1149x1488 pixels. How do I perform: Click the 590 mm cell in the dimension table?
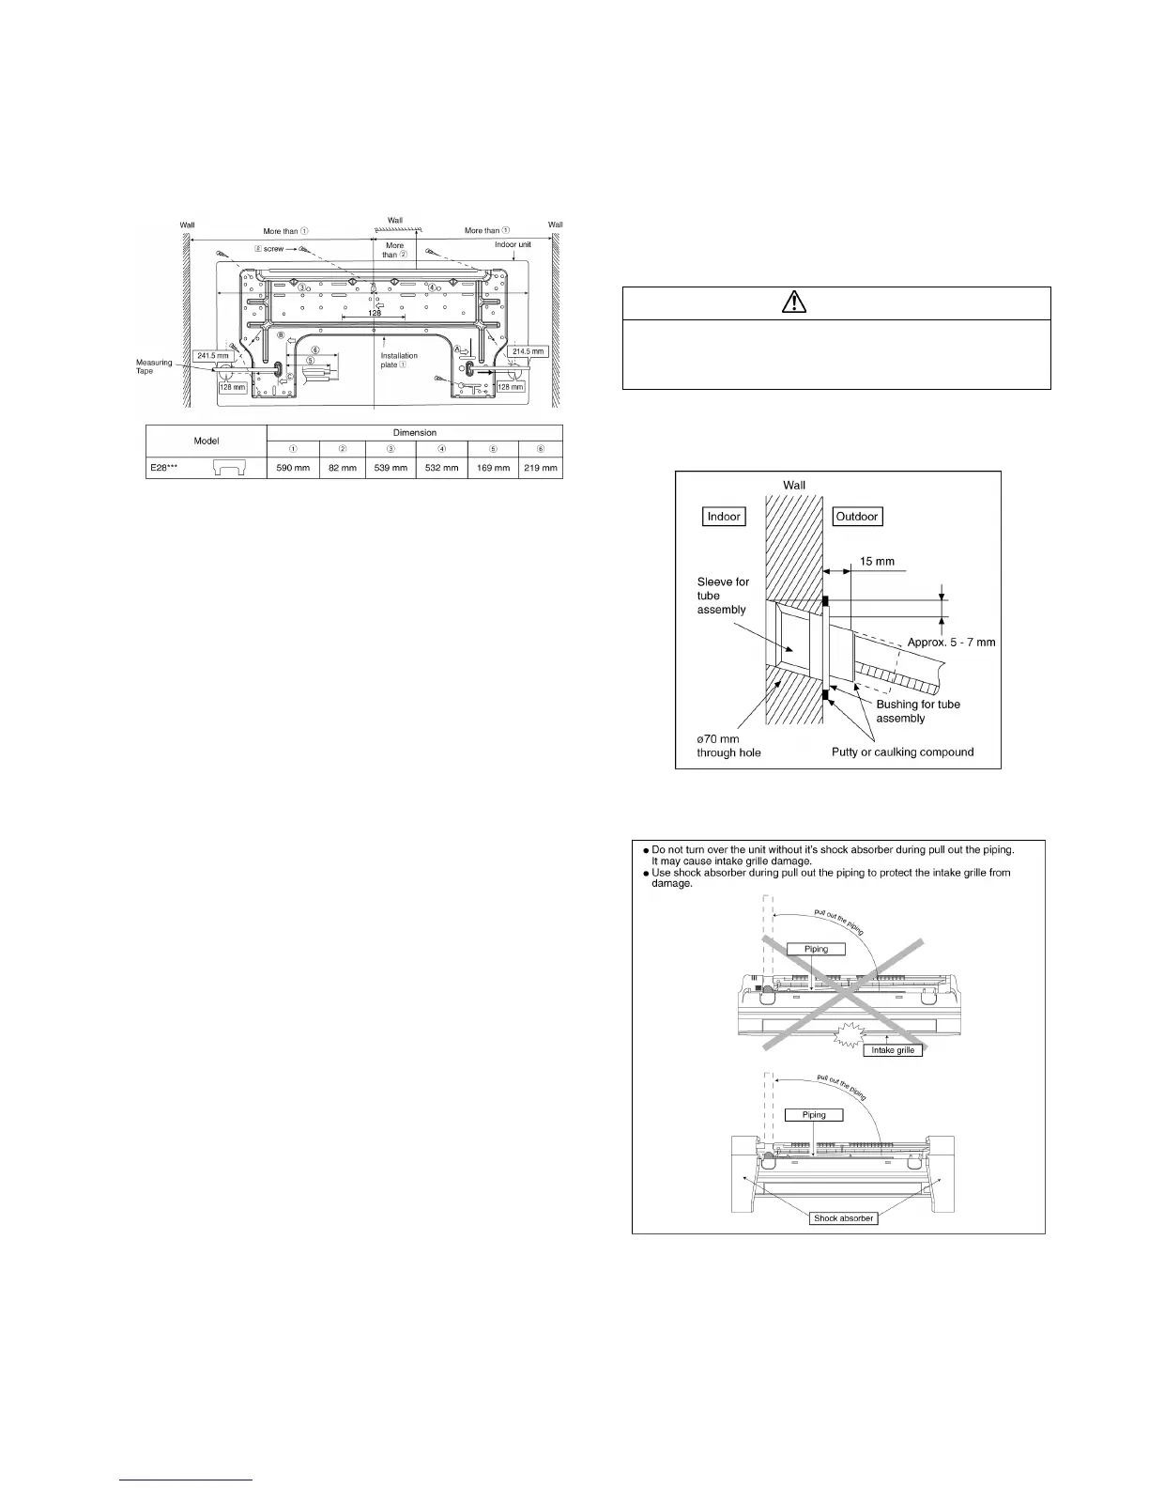click(293, 467)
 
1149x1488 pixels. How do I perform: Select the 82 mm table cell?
click(342, 467)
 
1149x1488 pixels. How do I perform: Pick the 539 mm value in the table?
click(391, 467)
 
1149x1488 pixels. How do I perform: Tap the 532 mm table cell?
click(441, 467)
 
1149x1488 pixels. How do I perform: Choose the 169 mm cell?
click(493, 467)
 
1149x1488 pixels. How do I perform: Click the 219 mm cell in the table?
click(541, 467)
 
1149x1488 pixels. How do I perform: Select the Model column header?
click(207, 441)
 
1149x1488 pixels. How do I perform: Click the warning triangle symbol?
click(835, 303)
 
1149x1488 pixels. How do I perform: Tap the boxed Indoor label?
click(724, 516)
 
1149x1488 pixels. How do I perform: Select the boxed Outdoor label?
click(857, 516)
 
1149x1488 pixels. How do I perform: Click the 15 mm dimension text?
click(877, 561)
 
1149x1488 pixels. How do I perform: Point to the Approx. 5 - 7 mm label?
click(951, 643)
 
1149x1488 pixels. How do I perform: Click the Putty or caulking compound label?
click(902, 752)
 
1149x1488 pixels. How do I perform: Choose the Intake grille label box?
click(893, 1049)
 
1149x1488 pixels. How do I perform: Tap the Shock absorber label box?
click(843, 1217)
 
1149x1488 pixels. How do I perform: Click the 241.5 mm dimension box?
click(214, 356)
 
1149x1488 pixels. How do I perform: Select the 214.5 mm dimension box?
click(529, 351)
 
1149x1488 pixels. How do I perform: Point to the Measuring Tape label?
click(154, 366)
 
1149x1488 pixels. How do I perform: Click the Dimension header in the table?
click(415, 432)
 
